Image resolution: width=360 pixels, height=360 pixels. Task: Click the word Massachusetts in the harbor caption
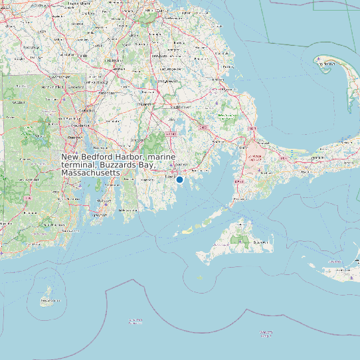tap(90, 173)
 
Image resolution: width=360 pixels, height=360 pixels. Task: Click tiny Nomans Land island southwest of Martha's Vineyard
tap(200, 278)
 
